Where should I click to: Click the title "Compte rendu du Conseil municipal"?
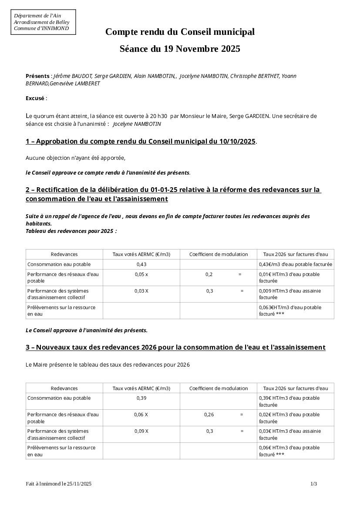[x=180, y=32]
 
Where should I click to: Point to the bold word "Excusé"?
[x=35, y=98]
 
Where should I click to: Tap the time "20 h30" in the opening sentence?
[x=158, y=116]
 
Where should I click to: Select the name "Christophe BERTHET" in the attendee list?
[x=255, y=76]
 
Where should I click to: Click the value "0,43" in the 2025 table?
[x=141, y=264]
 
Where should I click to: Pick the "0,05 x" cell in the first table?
[x=141, y=274]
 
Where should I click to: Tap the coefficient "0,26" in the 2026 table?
[x=209, y=415]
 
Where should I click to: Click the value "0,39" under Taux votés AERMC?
[x=141, y=398]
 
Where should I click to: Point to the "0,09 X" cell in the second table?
[x=141, y=431]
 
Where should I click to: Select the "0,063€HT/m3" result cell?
[x=290, y=310]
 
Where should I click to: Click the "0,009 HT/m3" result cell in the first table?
[x=290, y=294]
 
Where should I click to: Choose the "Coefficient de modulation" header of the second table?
[x=219, y=388]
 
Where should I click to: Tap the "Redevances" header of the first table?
[x=64, y=254]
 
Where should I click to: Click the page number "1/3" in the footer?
[x=313, y=484]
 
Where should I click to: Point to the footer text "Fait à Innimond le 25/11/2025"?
[x=59, y=484]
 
